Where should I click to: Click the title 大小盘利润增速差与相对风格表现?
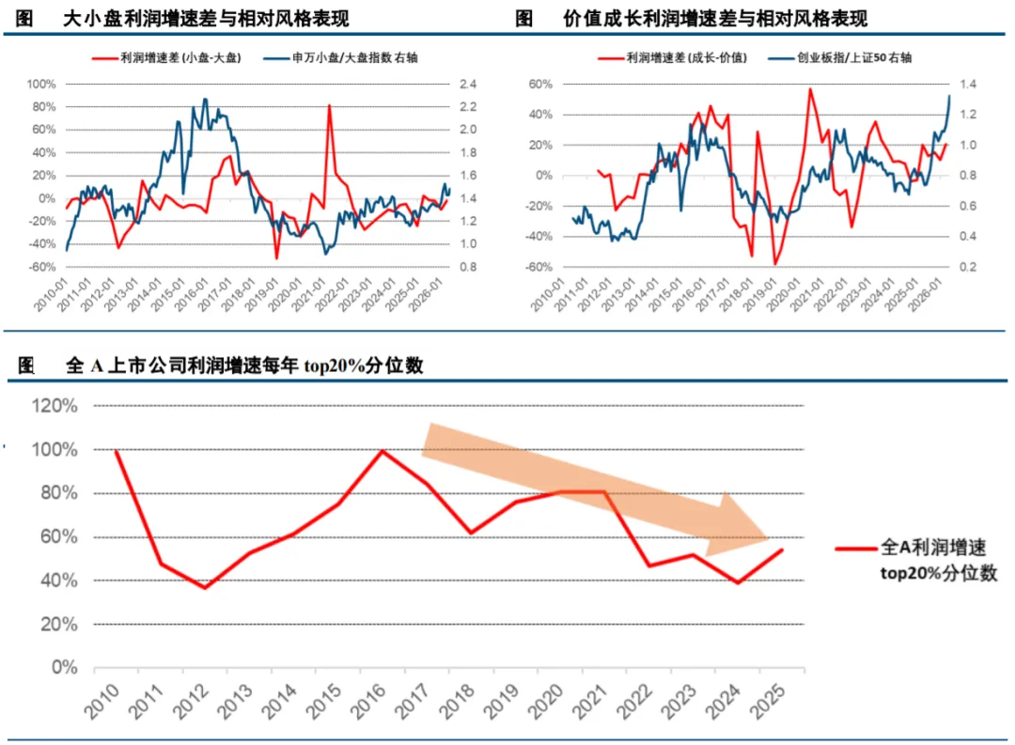point(206,19)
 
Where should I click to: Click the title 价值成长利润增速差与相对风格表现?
point(714,19)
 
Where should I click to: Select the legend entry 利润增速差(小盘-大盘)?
point(166,58)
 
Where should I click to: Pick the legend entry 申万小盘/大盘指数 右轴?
point(340,58)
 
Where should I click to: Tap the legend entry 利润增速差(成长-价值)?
point(672,58)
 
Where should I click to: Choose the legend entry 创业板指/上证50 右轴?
point(839,58)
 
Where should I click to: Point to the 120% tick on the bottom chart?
point(55,406)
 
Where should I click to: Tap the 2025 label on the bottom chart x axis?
point(769,702)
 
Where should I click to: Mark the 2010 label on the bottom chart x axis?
point(103,702)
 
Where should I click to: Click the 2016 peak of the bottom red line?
point(383,451)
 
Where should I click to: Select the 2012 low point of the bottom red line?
point(205,588)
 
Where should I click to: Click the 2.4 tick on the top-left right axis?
point(468,85)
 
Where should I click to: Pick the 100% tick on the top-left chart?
point(41,85)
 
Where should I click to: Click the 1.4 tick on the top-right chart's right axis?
point(968,85)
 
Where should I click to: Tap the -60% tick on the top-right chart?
point(539,268)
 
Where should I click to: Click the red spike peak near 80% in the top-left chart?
point(330,105)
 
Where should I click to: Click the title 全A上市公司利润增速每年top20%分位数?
point(244,365)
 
